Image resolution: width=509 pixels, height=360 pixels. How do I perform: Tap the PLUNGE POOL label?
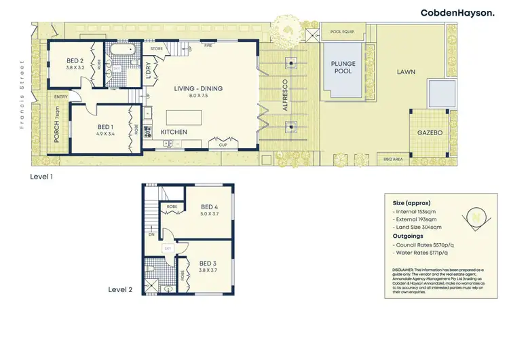(343, 69)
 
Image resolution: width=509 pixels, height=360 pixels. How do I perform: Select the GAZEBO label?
(430, 133)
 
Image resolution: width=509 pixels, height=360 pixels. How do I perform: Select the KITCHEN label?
(174, 131)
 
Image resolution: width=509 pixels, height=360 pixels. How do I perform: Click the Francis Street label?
(22, 94)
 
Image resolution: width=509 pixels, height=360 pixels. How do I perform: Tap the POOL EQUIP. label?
(345, 31)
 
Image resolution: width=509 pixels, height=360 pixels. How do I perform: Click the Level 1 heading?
(41, 176)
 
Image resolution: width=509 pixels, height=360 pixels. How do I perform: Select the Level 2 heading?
(121, 289)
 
